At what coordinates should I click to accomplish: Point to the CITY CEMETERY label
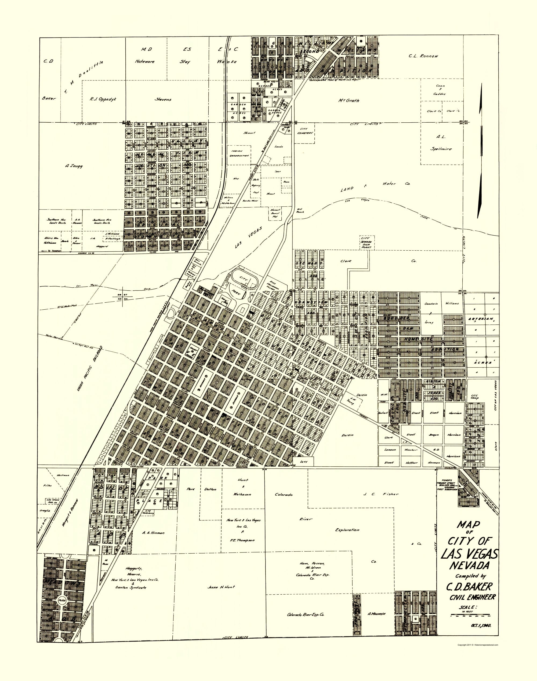[x=305, y=131]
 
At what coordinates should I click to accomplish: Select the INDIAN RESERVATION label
[x=239, y=153]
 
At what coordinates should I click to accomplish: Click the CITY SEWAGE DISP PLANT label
[x=367, y=242]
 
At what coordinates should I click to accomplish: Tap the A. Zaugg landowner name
[x=74, y=166]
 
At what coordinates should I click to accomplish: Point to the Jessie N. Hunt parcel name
[x=221, y=587]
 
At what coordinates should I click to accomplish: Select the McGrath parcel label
[x=349, y=101]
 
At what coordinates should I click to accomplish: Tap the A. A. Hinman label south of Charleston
[x=153, y=533]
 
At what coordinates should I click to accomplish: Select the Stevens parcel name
[x=163, y=100]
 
